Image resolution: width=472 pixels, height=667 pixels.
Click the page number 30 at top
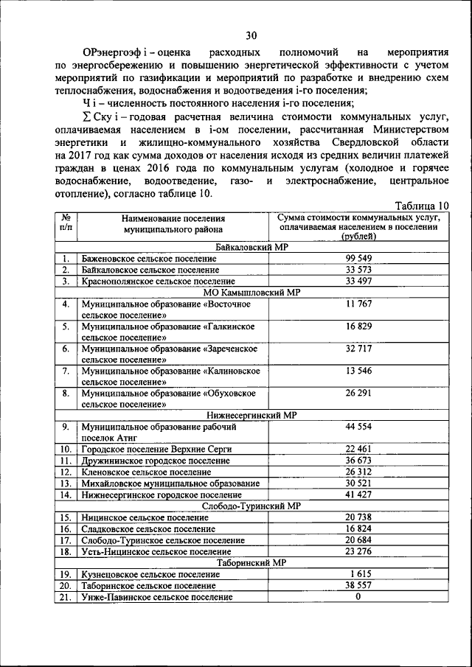pyautogui.click(x=251, y=35)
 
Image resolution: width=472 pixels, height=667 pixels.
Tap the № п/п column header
pyautogui.click(x=65, y=223)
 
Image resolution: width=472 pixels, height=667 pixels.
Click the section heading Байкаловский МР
pyautogui.click(x=251, y=248)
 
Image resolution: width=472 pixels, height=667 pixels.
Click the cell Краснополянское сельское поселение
pyautogui.click(x=159, y=281)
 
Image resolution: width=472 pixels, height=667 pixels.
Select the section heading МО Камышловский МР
pyautogui.click(x=251, y=292)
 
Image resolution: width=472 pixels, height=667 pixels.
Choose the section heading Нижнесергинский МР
pyautogui.click(x=251, y=416)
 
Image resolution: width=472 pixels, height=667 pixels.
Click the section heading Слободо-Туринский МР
pyautogui.click(x=251, y=506)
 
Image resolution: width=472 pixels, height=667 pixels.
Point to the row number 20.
pyautogui.click(x=66, y=585)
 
